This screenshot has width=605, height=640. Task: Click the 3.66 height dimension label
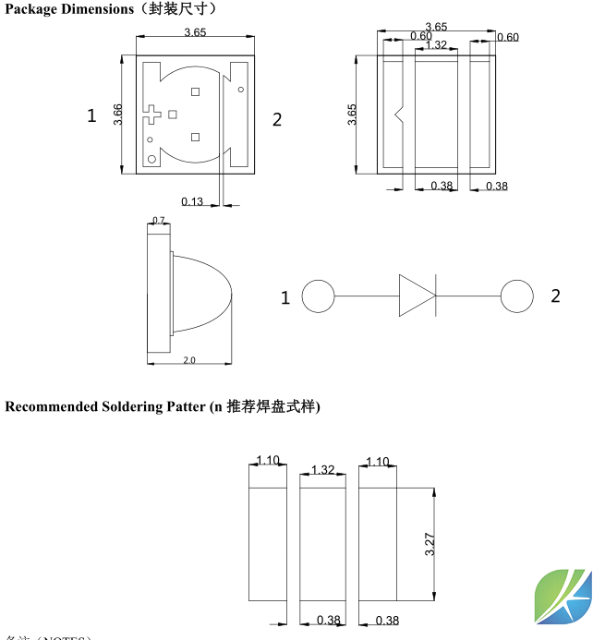118,115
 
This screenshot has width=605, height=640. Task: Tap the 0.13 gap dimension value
192,201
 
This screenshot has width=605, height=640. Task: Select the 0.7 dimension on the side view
158,221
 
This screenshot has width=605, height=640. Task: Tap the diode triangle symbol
417,296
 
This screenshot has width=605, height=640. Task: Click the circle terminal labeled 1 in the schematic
319,296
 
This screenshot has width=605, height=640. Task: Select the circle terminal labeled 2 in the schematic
517,296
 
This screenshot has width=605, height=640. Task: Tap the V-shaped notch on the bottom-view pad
398,115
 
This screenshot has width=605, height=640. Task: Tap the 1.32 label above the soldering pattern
322,470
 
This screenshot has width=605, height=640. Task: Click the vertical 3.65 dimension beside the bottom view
354,115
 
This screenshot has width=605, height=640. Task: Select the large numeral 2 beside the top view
276,118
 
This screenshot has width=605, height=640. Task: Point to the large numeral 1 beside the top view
91,116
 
